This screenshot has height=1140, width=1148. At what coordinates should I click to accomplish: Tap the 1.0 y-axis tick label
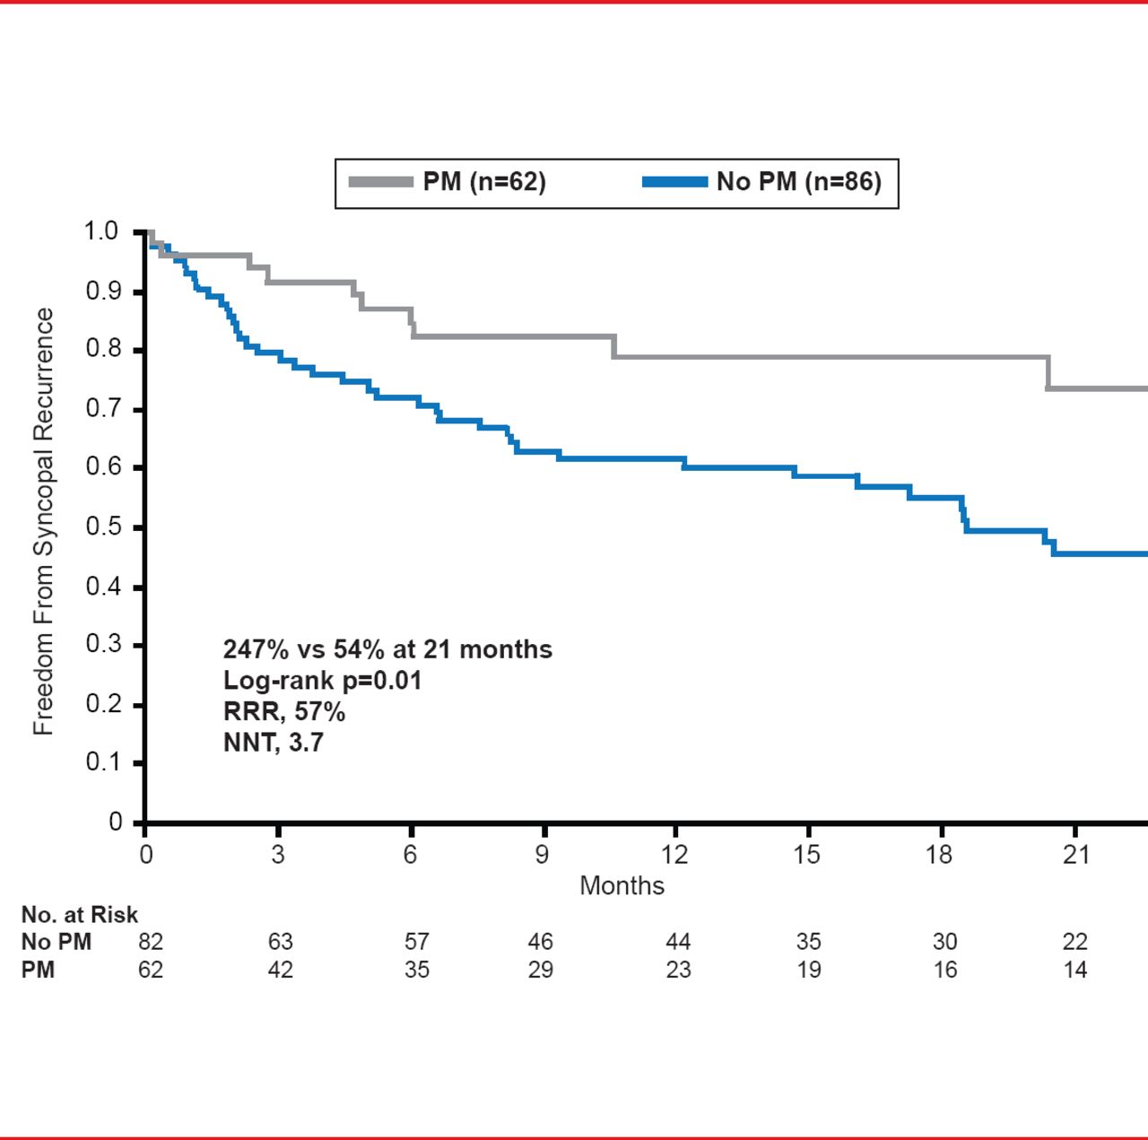click(100, 231)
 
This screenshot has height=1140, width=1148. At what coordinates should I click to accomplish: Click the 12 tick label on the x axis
click(674, 854)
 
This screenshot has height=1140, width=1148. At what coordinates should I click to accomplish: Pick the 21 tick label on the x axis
click(1075, 854)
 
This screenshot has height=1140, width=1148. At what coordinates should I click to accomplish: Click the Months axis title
click(622, 885)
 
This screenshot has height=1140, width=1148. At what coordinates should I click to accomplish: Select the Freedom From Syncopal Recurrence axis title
click(43, 522)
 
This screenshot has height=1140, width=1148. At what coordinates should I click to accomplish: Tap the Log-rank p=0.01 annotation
click(322, 681)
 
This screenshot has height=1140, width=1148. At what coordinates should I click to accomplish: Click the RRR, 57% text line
click(283, 712)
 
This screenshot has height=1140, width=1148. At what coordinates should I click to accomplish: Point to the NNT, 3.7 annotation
click(273, 743)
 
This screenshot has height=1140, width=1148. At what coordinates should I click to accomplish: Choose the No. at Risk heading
click(79, 915)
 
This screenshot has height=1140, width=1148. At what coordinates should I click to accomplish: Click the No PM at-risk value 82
click(151, 942)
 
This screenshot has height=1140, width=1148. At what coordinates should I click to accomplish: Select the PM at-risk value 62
click(151, 970)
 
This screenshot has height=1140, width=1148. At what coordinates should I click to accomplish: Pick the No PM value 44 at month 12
click(678, 942)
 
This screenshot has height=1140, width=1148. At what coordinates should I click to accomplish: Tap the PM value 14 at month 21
click(1074, 970)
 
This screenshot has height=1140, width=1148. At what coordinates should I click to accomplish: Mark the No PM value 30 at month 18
click(944, 942)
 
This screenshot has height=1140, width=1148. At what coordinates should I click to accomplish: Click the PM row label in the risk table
click(38, 970)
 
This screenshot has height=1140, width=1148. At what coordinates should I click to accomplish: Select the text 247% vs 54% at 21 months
click(387, 649)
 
